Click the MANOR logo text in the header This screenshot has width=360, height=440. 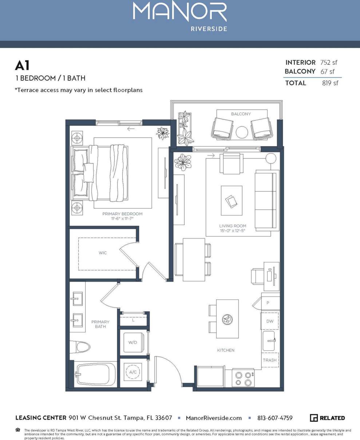(180, 12)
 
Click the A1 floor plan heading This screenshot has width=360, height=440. (22, 66)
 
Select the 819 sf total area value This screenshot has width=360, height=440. (330, 83)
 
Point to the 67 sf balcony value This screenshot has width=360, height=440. (327, 71)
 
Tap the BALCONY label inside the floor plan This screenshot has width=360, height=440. (241, 114)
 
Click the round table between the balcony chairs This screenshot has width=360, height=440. (242, 132)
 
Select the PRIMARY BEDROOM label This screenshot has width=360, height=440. (122, 214)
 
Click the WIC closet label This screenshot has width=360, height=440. (103, 253)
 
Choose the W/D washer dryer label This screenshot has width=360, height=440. (132, 342)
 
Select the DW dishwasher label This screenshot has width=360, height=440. (270, 321)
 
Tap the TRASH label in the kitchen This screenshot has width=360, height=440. (270, 360)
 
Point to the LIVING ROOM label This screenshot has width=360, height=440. (233, 226)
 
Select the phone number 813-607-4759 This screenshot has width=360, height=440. (275, 418)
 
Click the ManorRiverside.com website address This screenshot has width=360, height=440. (214, 418)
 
